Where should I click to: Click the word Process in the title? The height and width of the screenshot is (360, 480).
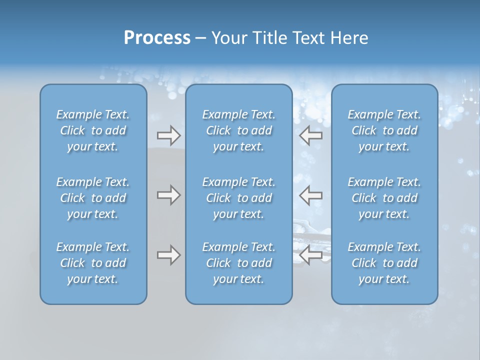click(x=157, y=38)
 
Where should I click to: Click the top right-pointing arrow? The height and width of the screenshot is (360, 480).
click(x=168, y=135)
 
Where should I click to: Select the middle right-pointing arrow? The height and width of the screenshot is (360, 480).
click(x=168, y=195)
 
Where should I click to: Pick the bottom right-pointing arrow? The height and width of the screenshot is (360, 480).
click(x=168, y=255)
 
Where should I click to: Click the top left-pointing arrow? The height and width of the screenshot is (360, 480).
click(x=310, y=135)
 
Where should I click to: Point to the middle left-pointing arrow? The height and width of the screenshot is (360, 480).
click(x=310, y=195)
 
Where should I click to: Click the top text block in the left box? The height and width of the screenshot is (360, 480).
click(x=93, y=130)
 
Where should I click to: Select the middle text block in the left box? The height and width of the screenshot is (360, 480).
click(x=93, y=198)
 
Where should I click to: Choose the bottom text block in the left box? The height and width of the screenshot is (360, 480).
click(x=93, y=263)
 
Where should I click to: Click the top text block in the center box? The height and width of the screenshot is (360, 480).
click(x=239, y=130)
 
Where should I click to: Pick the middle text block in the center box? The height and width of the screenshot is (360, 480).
click(x=239, y=198)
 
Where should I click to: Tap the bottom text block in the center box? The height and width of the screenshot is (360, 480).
click(x=239, y=263)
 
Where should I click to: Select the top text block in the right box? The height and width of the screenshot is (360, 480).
click(x=384, y=130)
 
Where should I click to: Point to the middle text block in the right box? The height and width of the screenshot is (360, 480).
click(x=384, y=198)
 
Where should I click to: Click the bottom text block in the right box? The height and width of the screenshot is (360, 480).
click(x=384, y=263)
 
